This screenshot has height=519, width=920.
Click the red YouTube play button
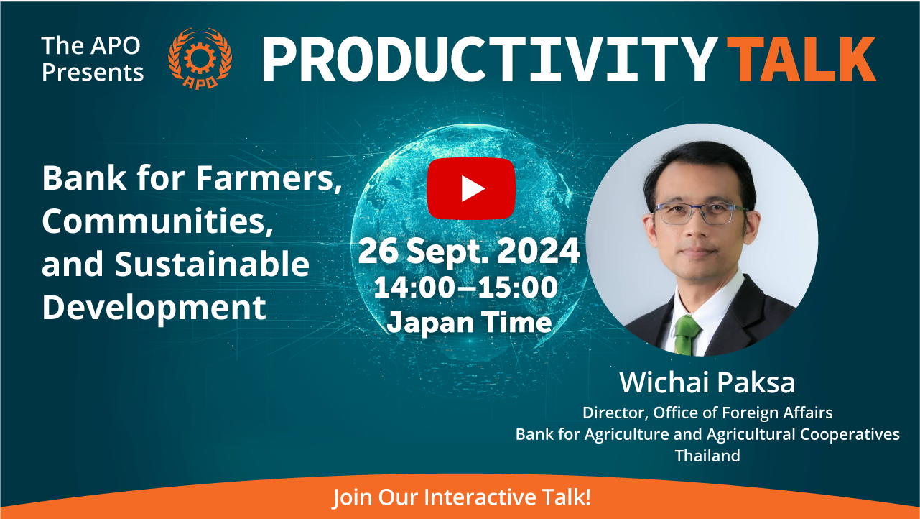pyautogui.click(x=471, y=188)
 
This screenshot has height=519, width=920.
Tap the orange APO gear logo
pyautogui.click(x=200, y=58)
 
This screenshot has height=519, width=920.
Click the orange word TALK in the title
pyautogui.click(x=801, y=59)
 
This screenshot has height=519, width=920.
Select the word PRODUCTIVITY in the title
pyautogui.click(x=490, y=59)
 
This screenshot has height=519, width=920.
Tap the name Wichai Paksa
pyautogui.click(x=707, y=382)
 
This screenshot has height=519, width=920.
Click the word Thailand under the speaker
pyautogui.click(x=707, y=456)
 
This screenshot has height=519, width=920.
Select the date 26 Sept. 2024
pyautogui.click(x=469, y=251)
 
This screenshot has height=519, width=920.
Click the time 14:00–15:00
pyautogui.click(x=466, y=288)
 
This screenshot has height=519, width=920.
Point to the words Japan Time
pyautogui.click(x=469, y=323)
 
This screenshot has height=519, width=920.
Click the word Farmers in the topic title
pyautogui.click(x=269, y=178)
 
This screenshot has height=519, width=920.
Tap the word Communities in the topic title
pyautogui.click(x=158, y=221)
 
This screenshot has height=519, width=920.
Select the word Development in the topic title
pyautogui.click(x=154, y=308)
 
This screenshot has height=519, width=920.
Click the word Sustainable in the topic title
pyautogui.click(x=212, y=264)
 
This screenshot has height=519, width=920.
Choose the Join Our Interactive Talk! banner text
pyautogui.click(x=461, y=497)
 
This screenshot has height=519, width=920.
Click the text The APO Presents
pyautogui.click(x=93, y=59)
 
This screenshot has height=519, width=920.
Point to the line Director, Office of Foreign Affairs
pyautogui.click(x=707, y=413)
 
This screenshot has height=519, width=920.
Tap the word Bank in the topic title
pyautogui.click(x=84, y=178)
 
